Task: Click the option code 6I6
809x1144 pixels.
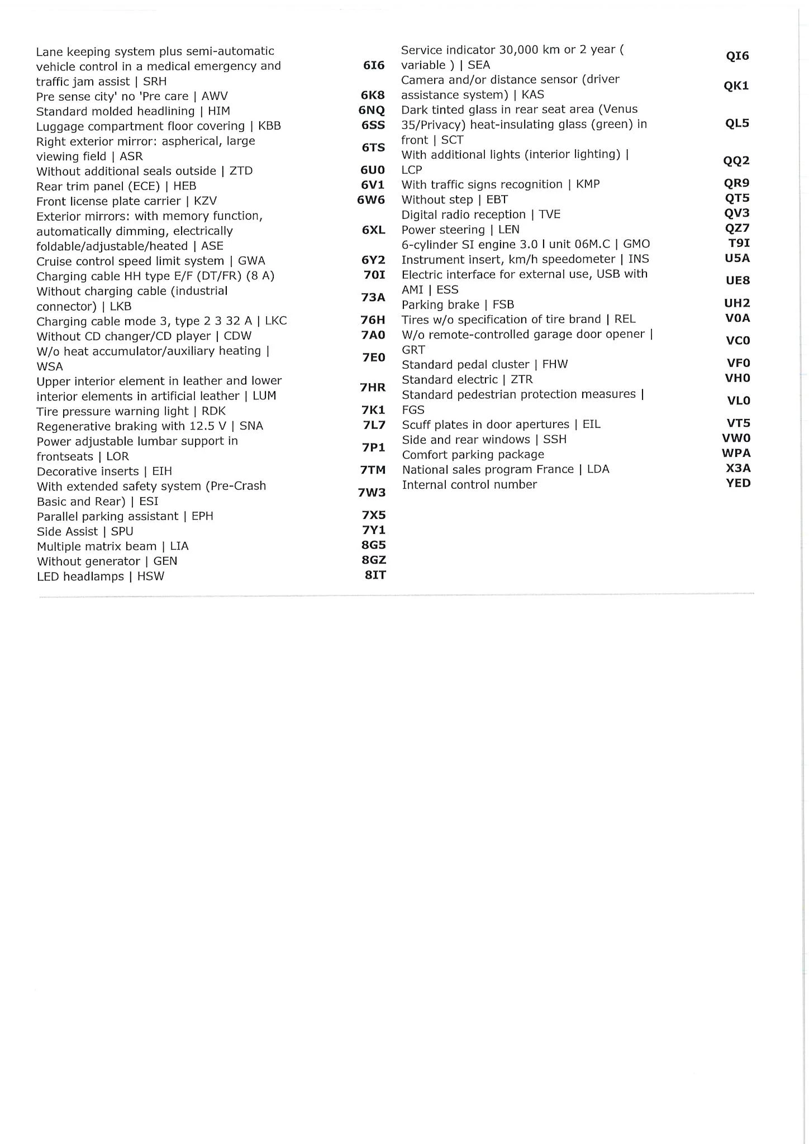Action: coord(374,65)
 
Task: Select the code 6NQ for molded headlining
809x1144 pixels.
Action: coord(372,111)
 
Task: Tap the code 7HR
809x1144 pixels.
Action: coord(373,387)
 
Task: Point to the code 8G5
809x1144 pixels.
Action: coord(374,545)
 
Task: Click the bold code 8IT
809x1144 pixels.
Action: coord(375,575)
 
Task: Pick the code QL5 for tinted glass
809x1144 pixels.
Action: coord(737,123)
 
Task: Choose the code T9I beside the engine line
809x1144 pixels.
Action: coord(739,243)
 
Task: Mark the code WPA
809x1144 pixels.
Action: coord(736,453)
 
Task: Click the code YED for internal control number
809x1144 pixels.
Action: coord(738,483)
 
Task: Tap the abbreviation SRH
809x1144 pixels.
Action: coord(155,82)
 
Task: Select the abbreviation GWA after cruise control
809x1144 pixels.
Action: coord(251,261)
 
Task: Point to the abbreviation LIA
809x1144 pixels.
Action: coord(179,546)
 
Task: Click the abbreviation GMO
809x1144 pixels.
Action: coord(636,244)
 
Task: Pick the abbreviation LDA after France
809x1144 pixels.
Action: coord(598,469)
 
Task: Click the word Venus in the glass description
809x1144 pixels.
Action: coord(621,109)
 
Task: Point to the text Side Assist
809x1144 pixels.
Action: coord(67,531)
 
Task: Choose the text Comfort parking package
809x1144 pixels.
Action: coord(473,455)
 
